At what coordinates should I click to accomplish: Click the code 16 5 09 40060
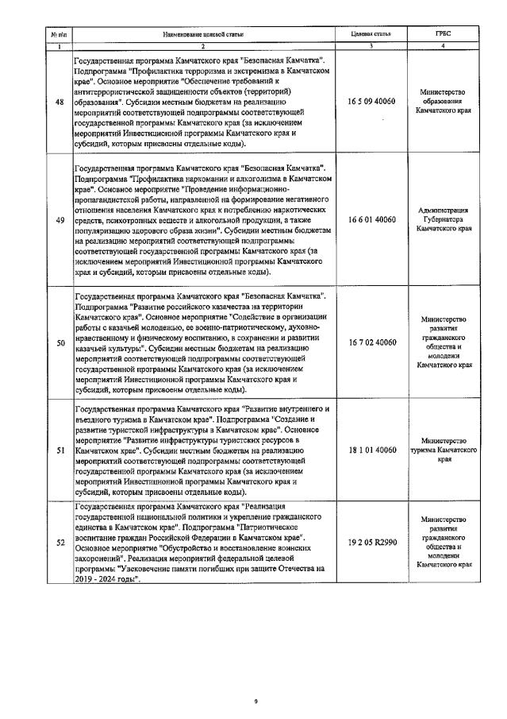tap(371, 103)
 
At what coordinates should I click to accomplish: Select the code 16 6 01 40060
tap(371, 219)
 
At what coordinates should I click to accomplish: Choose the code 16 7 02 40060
tap(371, 342)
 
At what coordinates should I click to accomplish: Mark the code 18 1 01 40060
tap(371, 450)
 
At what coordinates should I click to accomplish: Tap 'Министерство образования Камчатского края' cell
tap(444, 103)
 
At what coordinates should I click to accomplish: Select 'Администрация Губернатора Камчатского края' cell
tap(444, 219)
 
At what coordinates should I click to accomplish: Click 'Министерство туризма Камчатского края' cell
tap(444, 450)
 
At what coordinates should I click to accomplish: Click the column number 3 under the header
tap(371, 48)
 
